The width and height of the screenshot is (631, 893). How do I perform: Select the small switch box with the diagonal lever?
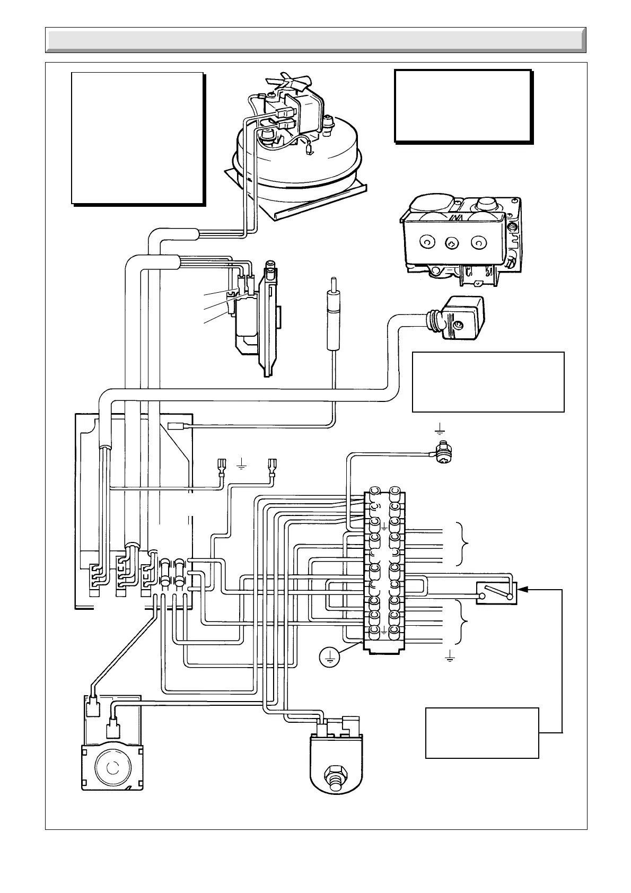pyautogui.click(x=496, y=593)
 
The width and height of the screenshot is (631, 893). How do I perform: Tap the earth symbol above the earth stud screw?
pyautogui.click(x=440, y=428)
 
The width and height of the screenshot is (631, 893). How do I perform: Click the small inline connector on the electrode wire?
pyautogui.click(x=175, y=425)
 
